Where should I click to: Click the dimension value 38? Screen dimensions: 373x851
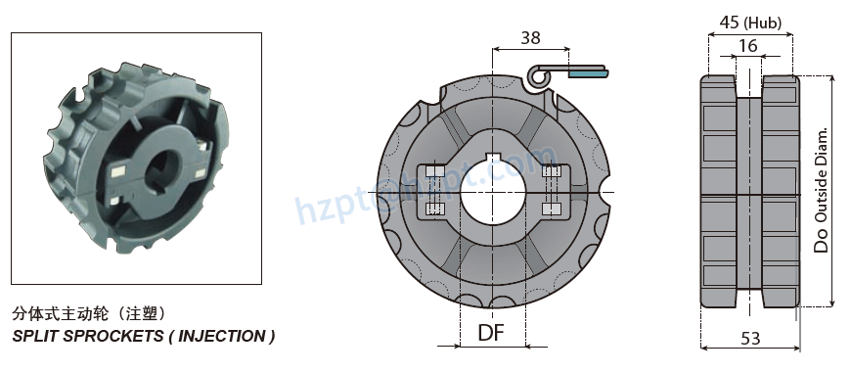530,37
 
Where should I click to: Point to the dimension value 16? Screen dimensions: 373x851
748,46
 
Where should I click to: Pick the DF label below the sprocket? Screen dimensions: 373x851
491,333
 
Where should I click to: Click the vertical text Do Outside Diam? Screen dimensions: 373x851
822,190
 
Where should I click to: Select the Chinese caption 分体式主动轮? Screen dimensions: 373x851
60,315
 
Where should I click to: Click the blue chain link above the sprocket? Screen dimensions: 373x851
587,72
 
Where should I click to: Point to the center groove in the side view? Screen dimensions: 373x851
749,192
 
